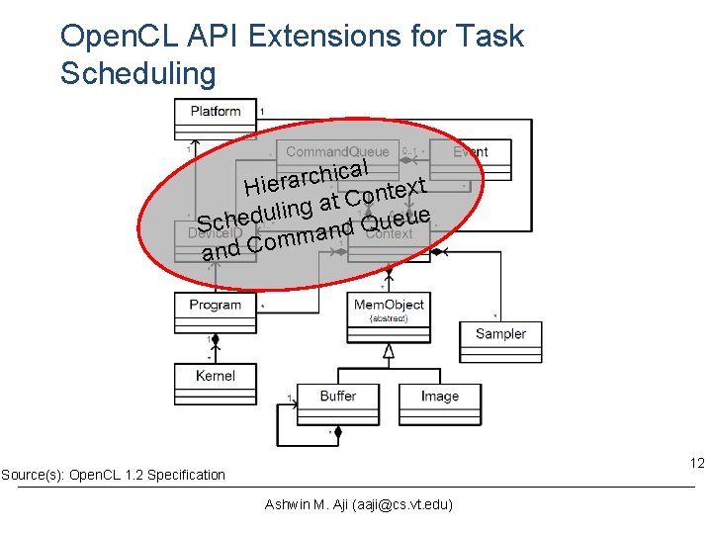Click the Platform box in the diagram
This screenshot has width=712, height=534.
(216, 112)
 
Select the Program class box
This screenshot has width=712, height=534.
(215, 306)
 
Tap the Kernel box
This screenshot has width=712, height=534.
(215, 376)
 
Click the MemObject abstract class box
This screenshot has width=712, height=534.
(389, 311)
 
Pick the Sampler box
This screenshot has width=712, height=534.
(500, 334)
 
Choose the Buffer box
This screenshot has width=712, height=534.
(337, 397)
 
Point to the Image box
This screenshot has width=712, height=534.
(439, 397)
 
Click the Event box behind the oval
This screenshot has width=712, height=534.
(470, 152)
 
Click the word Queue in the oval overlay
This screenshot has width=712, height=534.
(396, 220)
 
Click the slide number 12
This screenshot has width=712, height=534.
(696, 463)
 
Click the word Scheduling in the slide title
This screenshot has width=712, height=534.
(137, 73)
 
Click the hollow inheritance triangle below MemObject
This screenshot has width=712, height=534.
(389, 350)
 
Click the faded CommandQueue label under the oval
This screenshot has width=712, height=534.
(337, 152)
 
